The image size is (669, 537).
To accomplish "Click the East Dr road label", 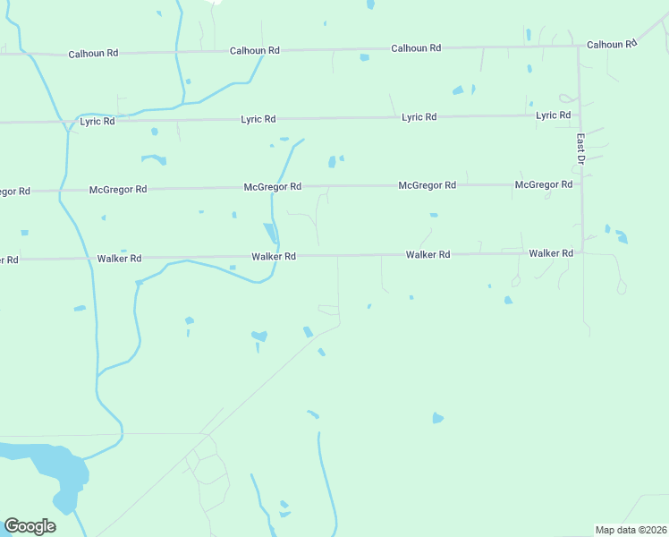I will (580, 149).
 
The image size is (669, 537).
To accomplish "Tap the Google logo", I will (30, 526).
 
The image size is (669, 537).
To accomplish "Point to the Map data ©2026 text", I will (631, 530).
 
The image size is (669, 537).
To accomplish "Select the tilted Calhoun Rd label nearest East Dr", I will (612, 43).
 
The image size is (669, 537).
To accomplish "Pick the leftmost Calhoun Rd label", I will (93, 54).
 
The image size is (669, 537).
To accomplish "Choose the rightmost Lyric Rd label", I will (553, 115).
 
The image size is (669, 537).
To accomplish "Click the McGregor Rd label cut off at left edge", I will (15, 192).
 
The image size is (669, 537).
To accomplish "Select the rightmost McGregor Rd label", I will (544, 184).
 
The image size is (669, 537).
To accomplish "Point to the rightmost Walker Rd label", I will (550, 253).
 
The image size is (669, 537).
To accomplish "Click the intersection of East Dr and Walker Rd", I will (582, 252).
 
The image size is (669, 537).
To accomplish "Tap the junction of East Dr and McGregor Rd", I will (581, 184).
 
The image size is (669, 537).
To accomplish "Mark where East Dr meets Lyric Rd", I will (580, 115).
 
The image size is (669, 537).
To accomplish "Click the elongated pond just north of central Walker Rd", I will (270, 231).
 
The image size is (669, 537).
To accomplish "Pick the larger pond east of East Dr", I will (622, 238).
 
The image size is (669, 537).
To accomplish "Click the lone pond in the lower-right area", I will (437, 418).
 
